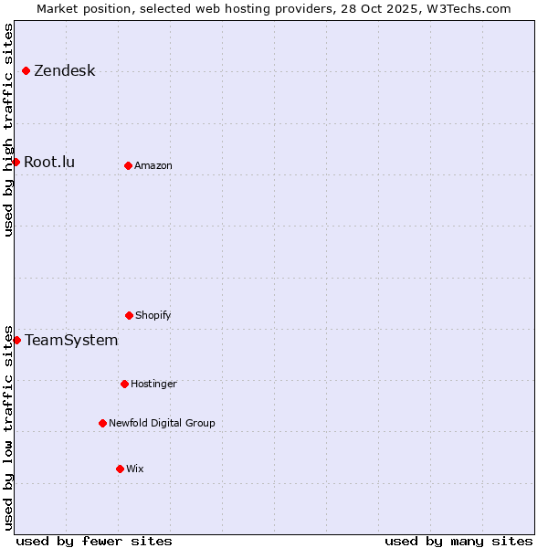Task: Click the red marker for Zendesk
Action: [26, 70]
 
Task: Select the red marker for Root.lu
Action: [16, 162]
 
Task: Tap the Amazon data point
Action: [128, 165]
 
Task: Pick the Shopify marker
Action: [129, 315]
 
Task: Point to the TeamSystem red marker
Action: [16, 340]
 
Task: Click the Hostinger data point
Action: [124, 384]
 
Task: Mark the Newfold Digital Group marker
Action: [102, 423]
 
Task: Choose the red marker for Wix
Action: [120, 469]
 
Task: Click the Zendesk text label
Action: [64, 71]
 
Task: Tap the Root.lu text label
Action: [49, 163]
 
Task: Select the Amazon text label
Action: [153, 166]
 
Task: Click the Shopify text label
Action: [153, 316]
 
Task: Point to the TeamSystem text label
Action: [71, 341]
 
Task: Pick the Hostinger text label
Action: [153, 385]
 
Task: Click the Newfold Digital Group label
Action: [162, 424]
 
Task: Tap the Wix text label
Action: [135, 469]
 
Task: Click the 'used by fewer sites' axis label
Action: [94, 541]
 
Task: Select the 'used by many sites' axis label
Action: [458, 541]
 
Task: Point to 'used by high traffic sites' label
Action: [8, 130]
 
